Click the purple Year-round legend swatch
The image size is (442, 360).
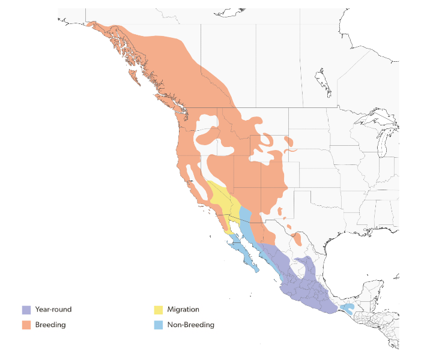(x=26, y=310)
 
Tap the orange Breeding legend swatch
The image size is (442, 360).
(x=26, y=325)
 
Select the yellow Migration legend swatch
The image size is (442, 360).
(x=159, y=310)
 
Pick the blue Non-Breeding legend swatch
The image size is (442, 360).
(x=159, y=325)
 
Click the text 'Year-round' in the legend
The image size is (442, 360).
(x=53, y=310)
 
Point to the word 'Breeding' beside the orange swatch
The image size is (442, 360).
(x=50, y=325)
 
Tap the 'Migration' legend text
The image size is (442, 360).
(x=184, y=310)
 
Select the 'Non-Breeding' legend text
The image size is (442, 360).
(x=192, y=325)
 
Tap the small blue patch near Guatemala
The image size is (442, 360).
(x=347, y=308)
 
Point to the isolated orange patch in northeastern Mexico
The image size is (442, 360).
(x=297, y=239)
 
